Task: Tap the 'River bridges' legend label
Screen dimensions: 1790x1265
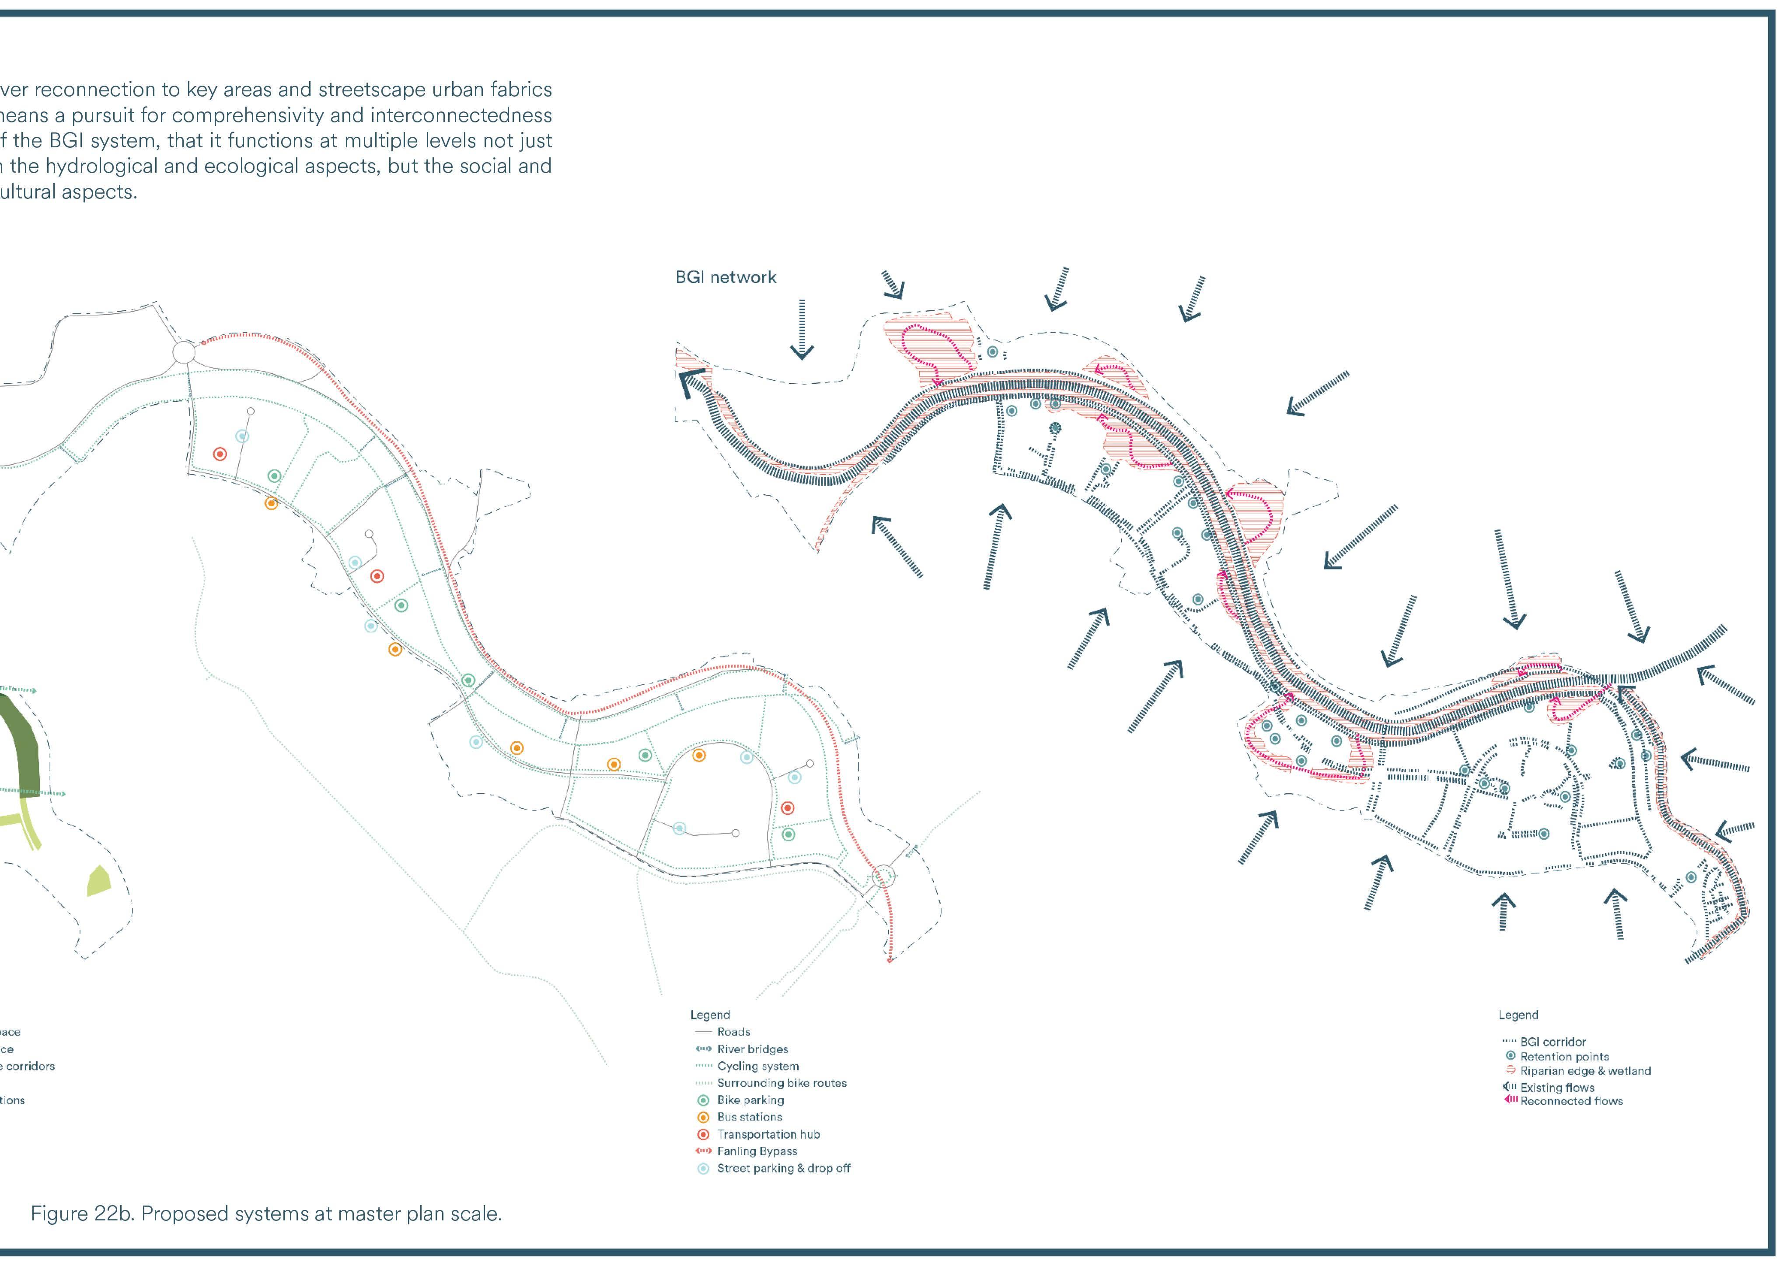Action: pos(752,1049)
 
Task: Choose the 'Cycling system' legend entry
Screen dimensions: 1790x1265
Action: pos(758,1066)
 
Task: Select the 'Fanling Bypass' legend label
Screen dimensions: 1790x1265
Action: pos(757,1151)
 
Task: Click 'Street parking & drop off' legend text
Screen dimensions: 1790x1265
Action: pos(784,1168)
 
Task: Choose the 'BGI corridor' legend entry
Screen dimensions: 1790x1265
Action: pos(1552,1042)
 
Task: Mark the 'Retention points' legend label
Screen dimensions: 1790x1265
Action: pos(1564,1057)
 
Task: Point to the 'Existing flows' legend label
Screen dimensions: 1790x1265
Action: pos(1557,1087)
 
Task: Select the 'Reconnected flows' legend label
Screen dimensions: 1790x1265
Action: pos(1571,1102)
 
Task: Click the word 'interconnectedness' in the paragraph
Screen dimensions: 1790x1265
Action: pos(461,115)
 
